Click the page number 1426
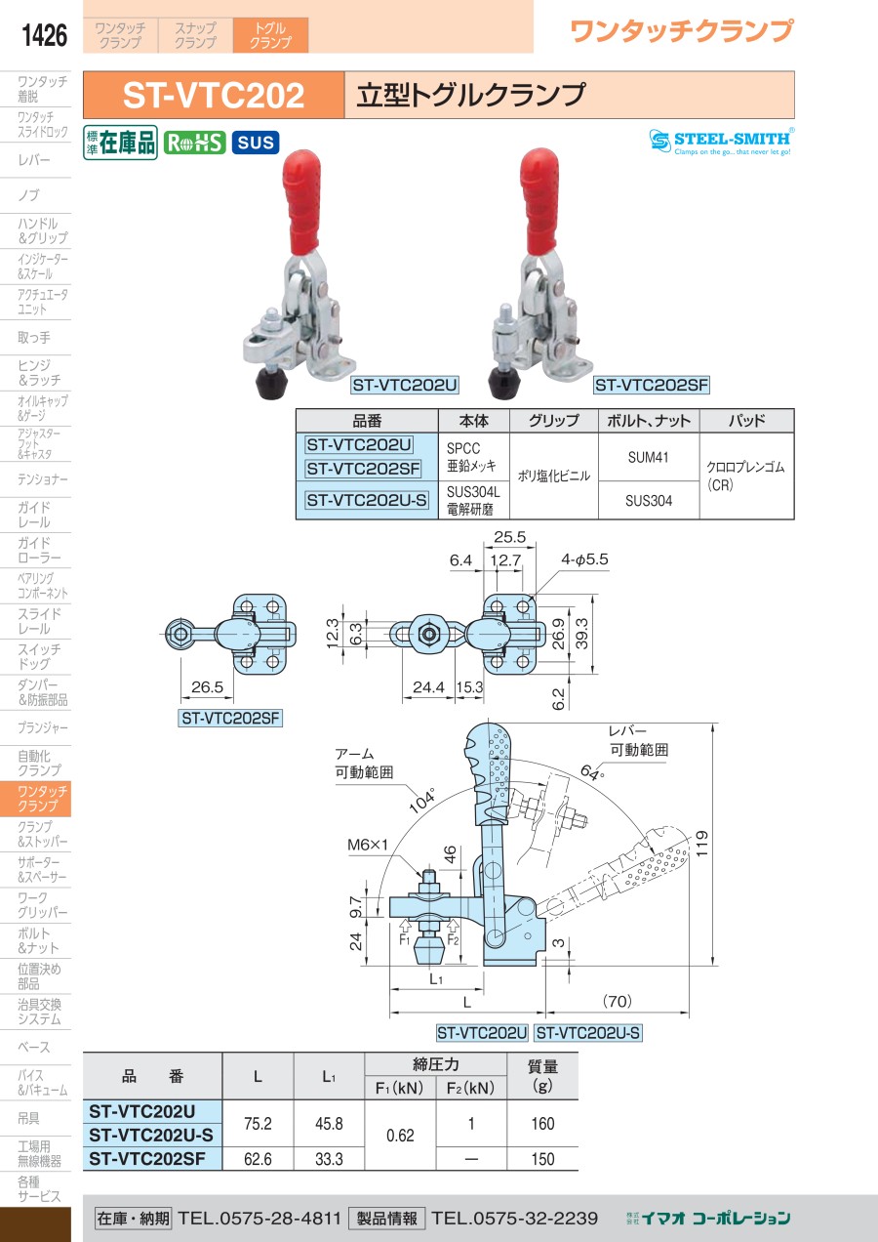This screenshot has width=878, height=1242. pyautogui.click(x=44, y=35)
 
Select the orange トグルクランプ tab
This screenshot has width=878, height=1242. pyautogui.click(x=270, y=35)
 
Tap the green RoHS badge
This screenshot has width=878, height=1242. pyautogui.click(x=194, y=143)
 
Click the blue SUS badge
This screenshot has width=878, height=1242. pyautogui.click(x=256, y=143)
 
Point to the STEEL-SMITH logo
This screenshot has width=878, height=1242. pyautogui.click(x=721, y=142)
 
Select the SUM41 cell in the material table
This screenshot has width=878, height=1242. pyautogui.click(x=648, y=457)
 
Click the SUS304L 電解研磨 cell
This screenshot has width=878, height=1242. pyautogui.click(x=472, y=500)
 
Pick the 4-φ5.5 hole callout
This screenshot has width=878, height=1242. pyautogui.click(x=584, y=559)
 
